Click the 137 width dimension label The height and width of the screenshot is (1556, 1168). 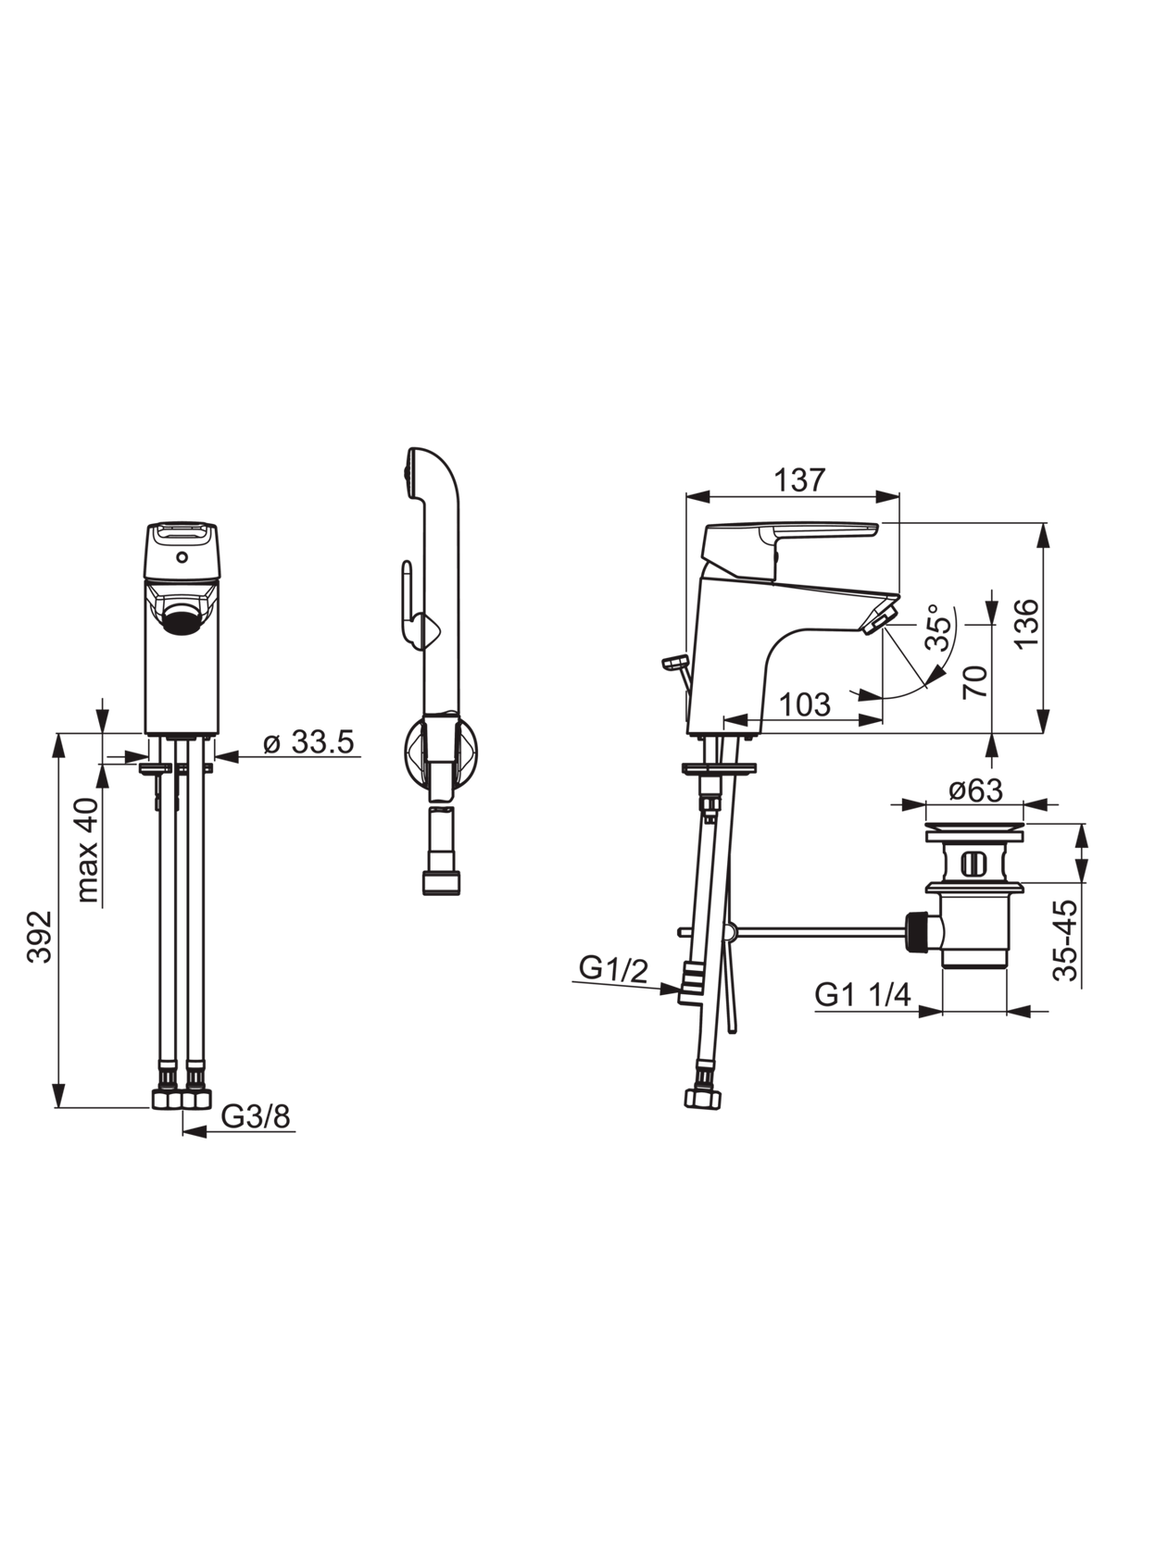click(798, 479)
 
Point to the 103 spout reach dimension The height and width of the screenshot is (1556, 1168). click(805, 704)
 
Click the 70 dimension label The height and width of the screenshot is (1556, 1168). click(976, 682)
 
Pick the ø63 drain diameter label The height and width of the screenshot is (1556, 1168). click(975, 790)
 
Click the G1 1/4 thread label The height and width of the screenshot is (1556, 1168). click(863, 995)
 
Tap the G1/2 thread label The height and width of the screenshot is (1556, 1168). click(614, 969)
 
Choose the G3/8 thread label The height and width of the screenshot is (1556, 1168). click(257, 1116)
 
